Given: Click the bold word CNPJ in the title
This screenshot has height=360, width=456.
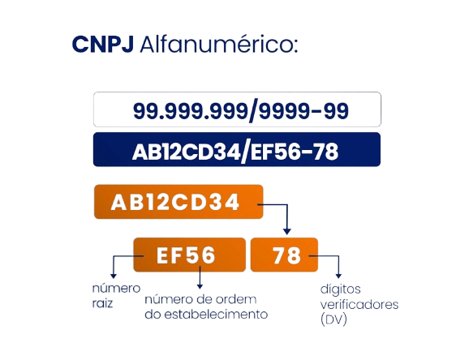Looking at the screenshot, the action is point(103,45).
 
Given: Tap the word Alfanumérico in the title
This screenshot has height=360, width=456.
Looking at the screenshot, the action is point(219,44).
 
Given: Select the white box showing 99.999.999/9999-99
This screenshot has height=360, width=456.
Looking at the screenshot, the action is point(237,109).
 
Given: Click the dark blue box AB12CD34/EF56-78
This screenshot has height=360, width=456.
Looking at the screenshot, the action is point(237,149).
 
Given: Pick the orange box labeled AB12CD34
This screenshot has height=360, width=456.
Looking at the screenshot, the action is point(179,202).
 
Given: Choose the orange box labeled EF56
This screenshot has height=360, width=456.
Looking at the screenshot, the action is point(189,255).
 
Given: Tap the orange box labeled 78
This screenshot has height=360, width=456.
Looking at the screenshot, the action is point(284,255).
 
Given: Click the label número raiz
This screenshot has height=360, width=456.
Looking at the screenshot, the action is point(116,296).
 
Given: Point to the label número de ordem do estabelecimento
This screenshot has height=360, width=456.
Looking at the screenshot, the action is point(206,306).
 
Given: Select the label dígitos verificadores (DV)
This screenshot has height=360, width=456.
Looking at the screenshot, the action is point(359,305).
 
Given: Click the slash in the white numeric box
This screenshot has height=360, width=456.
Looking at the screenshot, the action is point(253,111).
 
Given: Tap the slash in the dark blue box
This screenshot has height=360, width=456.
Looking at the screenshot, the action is point(245,152).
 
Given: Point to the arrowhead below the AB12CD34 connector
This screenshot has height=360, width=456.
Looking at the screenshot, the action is point(287,231).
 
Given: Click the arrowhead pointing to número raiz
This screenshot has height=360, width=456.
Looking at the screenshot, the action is point(114,276).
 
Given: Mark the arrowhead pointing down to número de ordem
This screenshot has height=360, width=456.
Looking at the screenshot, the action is point(200,286).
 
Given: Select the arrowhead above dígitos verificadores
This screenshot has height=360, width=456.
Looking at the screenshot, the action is point(338,276).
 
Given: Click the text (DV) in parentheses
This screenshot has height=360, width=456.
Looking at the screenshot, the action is point(333,319).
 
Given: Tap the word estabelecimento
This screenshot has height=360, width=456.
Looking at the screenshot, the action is point(216,315).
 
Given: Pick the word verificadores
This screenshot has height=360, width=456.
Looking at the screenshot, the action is point(359,305).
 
